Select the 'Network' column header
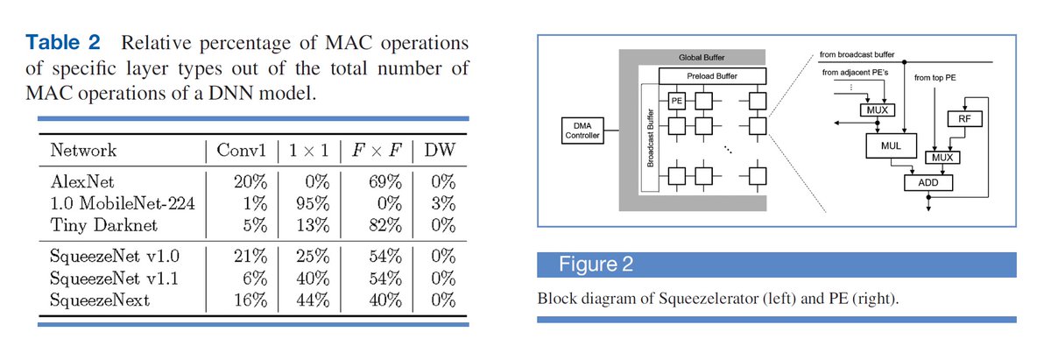(x=84, y=150)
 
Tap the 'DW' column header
(x=440, y=150)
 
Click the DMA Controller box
(x=580, y=132)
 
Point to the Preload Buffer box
(x=710, y=77)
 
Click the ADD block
(x=928, y=183)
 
